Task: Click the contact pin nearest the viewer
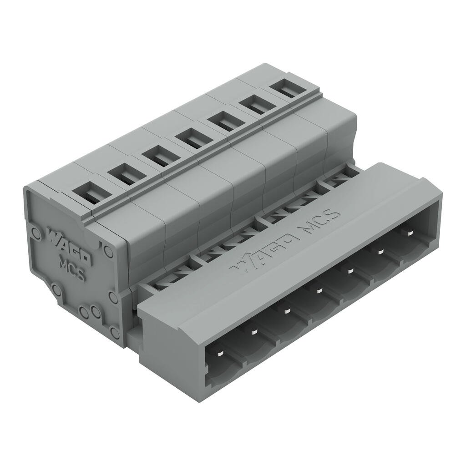coord(219,354)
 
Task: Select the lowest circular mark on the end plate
coord(115,333)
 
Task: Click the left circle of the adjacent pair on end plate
coord(84,312)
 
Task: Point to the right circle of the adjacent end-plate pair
coord(96,312)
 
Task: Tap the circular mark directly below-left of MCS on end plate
coord(56,289)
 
